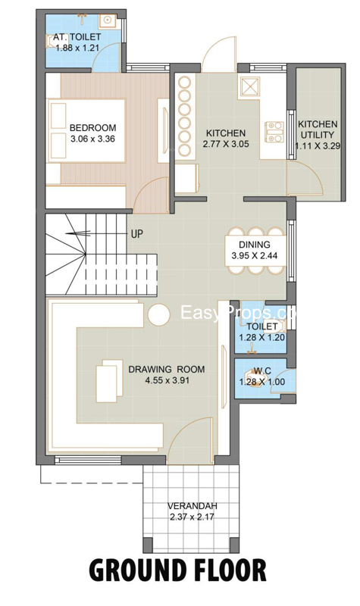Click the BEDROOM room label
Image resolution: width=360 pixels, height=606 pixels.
click(92, 127)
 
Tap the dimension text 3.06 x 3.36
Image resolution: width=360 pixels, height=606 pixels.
click(92, 139)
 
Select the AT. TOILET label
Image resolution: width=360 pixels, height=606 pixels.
click(77, 37)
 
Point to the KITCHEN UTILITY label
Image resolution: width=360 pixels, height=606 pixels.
click(318, 130)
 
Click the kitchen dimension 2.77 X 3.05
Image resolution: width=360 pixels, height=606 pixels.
click(226, 144)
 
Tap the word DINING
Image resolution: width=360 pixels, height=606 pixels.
click(255, 245)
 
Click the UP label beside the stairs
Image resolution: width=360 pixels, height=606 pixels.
click(137, 234)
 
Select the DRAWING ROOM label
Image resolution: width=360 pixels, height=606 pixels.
click(167, 369)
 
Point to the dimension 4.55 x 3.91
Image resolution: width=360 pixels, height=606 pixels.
click(167, 380)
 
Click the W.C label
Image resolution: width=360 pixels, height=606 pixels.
click(262, 371)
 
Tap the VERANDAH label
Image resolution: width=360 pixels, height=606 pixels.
click(193, 506)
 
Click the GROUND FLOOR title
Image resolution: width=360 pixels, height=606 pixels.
click(178, 570)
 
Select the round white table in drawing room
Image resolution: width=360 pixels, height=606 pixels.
click(159, 314)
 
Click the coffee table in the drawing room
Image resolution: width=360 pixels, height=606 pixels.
click(109, 381)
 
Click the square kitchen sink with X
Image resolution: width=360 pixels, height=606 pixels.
click(250, 86)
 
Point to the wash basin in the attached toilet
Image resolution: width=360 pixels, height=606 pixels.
click(105, 20)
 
